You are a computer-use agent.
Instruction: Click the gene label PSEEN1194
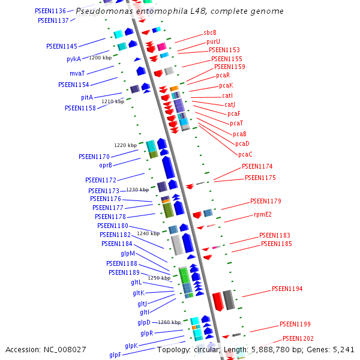pos(287,289)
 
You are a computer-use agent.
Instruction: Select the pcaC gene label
pos(245,154)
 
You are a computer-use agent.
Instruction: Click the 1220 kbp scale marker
pos(125,145)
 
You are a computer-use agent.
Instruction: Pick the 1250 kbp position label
pos(160,278)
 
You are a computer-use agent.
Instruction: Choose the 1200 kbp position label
pos(100,58)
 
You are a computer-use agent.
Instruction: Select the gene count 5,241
pos(343,349)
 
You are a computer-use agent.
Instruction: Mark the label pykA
pos(74,59)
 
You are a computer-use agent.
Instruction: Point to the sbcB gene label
pos(210,32)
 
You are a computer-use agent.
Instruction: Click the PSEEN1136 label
pos(51,11)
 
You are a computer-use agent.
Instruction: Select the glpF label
pos(115,355)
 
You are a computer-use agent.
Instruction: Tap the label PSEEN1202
pos(298,338)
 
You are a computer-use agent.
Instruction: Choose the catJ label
pos(230,104)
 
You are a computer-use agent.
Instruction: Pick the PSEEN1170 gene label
pos(94,156)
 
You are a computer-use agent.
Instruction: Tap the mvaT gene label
pos(77,73)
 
